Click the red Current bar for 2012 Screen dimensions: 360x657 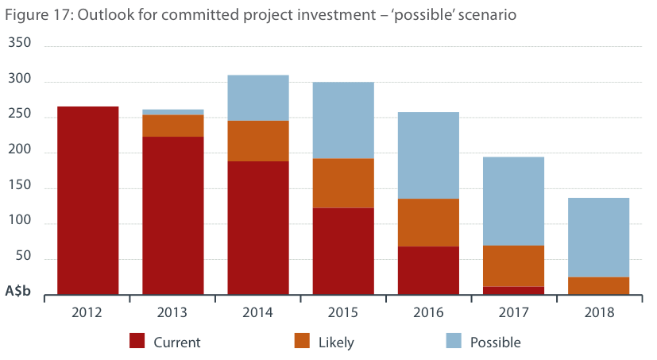click(x=87, y=200)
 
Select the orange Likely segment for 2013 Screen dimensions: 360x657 click(x=173, y=126)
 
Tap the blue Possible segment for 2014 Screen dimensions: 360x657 click(x=258, y=97)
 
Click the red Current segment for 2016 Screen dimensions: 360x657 click(x=428, y=270)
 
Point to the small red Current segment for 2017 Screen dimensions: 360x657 click(x=513, y=290)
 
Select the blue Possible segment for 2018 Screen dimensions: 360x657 click(x=598, y=237)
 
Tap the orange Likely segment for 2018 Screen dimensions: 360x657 click(x=598, y=285)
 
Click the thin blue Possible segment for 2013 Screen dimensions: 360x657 click(x=173, y=111)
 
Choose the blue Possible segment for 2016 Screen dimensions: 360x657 click(x=428, y=155)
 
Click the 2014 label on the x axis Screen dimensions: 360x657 click(x=258, y=312)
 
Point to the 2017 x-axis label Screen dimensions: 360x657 click(x=513, y=312)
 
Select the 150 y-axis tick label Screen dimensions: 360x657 click(x=19, y=188)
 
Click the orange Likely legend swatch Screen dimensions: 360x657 click(x=303, y=342)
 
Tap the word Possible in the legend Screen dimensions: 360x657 click(x=495, y=343)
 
